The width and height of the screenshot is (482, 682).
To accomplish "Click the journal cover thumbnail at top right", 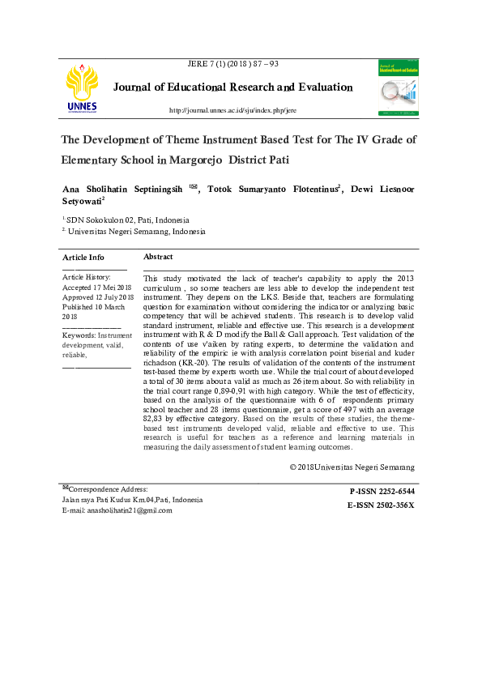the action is point(398,87).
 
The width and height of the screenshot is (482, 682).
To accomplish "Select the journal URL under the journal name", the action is point(232,109).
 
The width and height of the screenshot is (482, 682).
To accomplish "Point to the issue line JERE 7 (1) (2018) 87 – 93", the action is point(232,64).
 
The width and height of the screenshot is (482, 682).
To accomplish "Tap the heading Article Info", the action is point(83,257).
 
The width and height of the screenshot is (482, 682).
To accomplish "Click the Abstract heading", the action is point(158,257).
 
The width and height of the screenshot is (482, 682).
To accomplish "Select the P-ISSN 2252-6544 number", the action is point(382,491).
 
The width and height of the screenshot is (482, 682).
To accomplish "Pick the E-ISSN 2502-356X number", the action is point(380,505).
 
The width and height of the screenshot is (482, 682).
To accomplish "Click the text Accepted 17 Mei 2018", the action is point(97,288).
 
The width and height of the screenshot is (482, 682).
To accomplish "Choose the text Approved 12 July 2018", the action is point(98,297).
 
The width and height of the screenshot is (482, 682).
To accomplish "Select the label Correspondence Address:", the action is point(108,489).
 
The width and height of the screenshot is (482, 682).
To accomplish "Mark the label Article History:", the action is point(87,277).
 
